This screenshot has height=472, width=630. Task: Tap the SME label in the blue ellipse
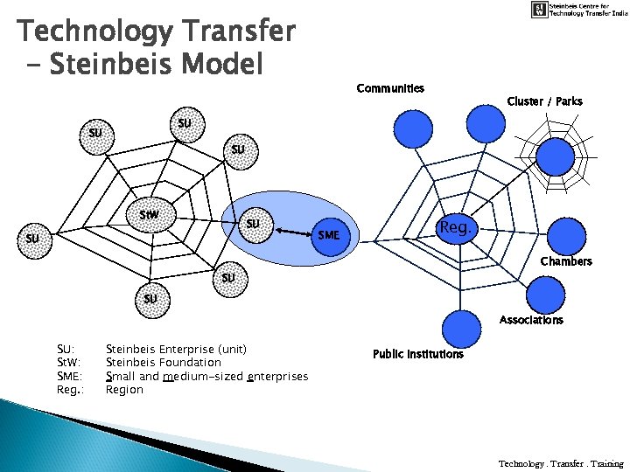coord(329,235)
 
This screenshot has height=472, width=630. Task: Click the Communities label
coord(390,88)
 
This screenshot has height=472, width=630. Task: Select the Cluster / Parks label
coord(544,101)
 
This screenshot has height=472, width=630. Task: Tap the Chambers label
coord(565,261)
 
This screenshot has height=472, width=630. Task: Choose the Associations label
coord(531,320)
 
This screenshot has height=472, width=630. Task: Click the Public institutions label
coord(417,354)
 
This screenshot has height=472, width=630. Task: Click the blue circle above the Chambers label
coord(565,235)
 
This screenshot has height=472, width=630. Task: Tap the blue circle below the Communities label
coord(413,128)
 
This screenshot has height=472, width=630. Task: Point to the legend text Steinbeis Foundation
coord(163,362)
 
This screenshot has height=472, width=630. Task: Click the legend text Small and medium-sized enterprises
coord(206,376)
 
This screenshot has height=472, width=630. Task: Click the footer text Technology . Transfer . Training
coord(561,463)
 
